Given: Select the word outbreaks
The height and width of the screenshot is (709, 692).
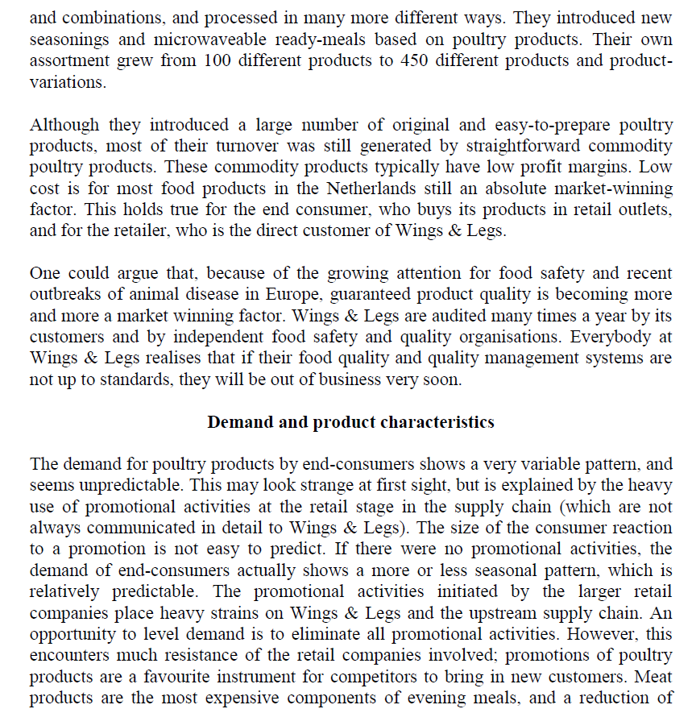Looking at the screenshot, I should pos(66,295).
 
